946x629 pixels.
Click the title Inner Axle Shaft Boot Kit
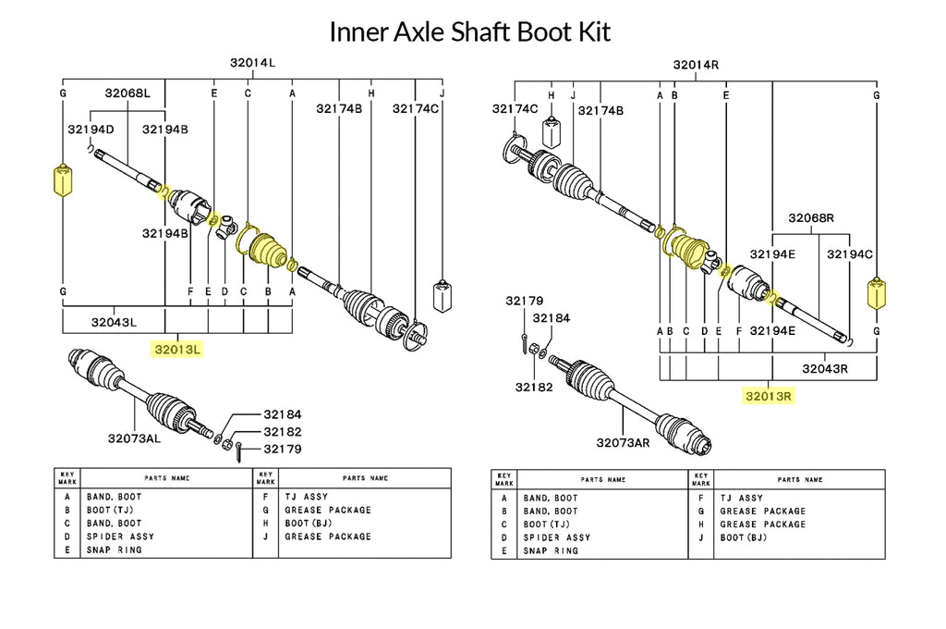pyautogui.click(x=470, y=31)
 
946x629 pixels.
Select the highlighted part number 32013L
pyautogui.click(x=176, y=349)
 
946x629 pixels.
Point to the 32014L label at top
pyautogui.click(x=253, y=63)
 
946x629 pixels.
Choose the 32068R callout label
pyautogui.click(x=811, y=218)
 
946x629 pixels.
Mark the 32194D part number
pyautogui.click(x=91, y=129)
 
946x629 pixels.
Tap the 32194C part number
pyautogui.click(x=849, y=253)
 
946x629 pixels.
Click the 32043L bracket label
pyautogui.click(x=114, y=322)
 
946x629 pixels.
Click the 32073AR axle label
pyautogui.click(x=623, y=442)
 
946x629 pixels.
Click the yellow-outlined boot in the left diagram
pyautogui.click(x=265, y=251)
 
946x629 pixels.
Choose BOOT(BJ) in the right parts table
pyautogui.click(x=743, y=537)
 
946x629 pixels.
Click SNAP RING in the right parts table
pyautogui.click(x=551, y=550)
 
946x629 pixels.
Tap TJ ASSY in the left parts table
pyautogui.click(x=306, y=497)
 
